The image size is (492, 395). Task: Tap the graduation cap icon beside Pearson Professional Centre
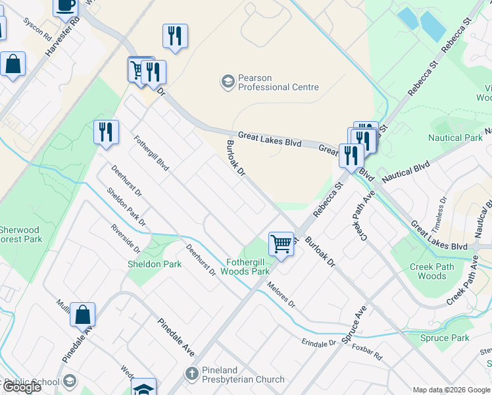click(228, 81)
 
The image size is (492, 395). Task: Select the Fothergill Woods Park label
click(245, 266)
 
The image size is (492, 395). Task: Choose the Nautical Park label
click(455, 138)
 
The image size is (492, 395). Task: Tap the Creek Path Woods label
click(431, 271)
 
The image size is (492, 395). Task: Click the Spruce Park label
click(445, 338)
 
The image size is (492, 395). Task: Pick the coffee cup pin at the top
click(65, 5)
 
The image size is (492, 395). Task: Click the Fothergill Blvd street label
click(151, 153)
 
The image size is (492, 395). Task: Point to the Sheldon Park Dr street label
click(127, 209)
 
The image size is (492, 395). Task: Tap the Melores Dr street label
click(281, 296)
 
